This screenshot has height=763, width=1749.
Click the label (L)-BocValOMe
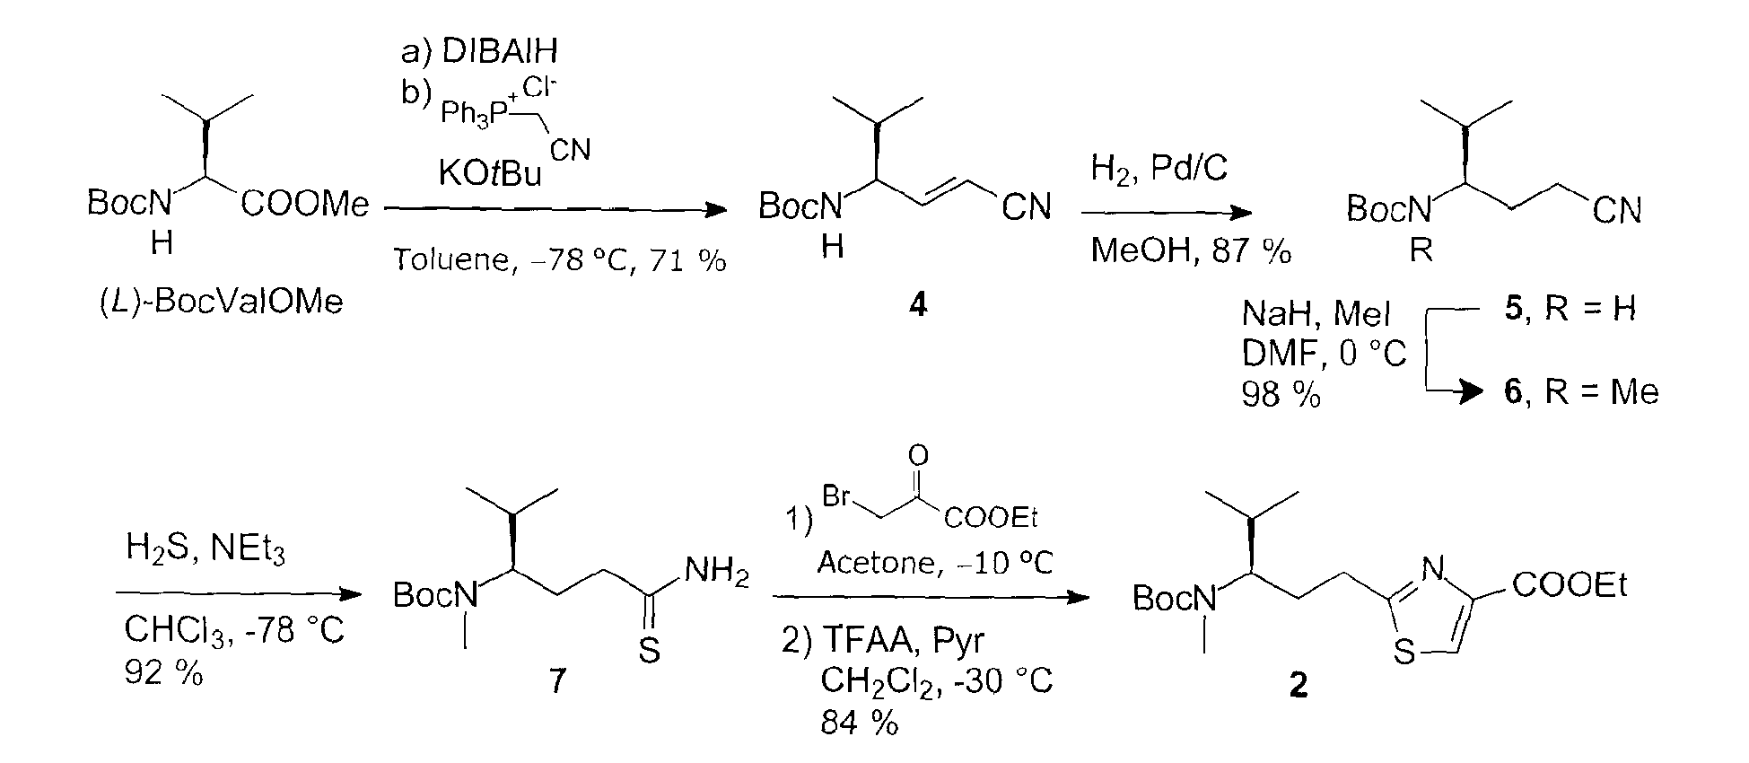coord(221,302)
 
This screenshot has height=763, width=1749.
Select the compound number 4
coord(917,305)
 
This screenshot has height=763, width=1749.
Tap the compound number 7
coord(557,681)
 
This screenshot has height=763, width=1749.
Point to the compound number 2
coord(1298,686)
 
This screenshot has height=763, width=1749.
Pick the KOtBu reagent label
coord(490,173)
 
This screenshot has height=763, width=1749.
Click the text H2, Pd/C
coord(1159,168)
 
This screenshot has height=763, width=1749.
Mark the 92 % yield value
coord(164,672)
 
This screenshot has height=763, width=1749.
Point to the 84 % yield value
coord(859,723)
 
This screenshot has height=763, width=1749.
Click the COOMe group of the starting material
coord(304,206)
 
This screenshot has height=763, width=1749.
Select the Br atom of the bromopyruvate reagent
coord(838,496)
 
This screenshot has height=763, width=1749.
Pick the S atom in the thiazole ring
coord(1404,653)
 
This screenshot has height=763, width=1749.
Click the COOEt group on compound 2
coord(1570,586)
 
